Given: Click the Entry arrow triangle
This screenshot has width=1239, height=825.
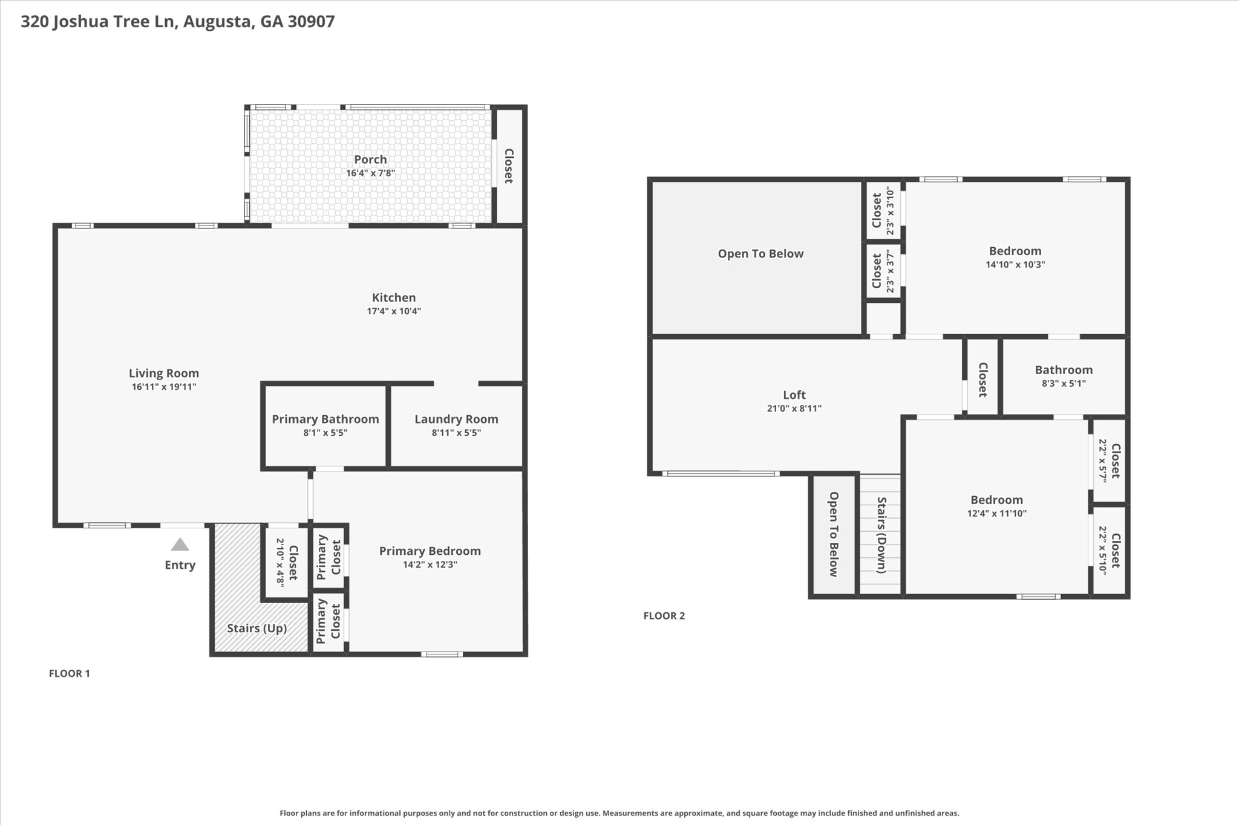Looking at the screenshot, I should [x=180, y=545].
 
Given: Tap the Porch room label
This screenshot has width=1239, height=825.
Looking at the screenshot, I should [x=370, y=160].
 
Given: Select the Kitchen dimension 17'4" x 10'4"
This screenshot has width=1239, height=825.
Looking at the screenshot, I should [x=394, y=311].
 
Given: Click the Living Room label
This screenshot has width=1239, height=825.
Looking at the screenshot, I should [x=164, y=374].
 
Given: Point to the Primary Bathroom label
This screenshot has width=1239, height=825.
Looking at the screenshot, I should [x=325, y=419].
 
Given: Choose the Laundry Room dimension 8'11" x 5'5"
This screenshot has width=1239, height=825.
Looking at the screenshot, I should [x=456, y=433].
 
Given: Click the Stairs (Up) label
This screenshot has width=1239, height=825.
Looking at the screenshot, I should [x=257, y=628].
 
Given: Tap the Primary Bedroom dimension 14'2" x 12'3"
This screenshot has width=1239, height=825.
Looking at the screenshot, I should [x=430, y=565].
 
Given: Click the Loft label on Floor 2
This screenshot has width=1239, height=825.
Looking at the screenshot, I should [x=794, y=395].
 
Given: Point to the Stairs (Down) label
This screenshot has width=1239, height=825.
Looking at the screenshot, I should [x=881, y=535].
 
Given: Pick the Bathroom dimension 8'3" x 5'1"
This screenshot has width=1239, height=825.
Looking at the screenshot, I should [x=1064, y=383].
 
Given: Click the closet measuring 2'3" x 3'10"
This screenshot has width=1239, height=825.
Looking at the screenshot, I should [x=883, y=210].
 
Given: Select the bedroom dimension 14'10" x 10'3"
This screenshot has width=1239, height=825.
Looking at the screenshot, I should [x=1015, y=264].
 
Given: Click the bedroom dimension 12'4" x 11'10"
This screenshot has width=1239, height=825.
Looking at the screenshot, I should [x=996, y=514].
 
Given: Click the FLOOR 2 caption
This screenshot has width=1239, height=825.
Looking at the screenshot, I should [x=664, y=616].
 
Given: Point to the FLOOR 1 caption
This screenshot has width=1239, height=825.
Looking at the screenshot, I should [x=70, y=673].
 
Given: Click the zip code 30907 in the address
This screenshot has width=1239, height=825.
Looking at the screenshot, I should [x=311, y=22].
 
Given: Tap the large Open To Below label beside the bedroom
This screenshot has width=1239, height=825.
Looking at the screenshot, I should [x=760, y=254].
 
